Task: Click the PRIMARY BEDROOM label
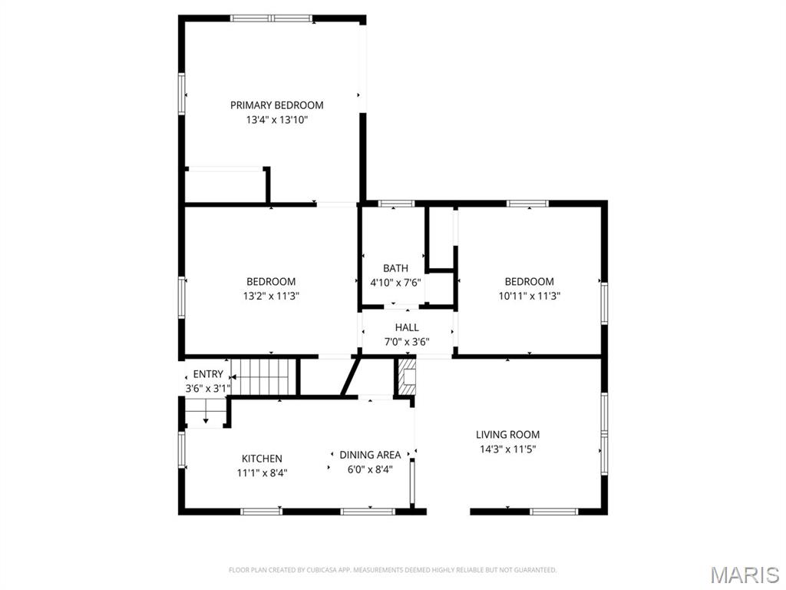pyautogui.click(x=276, y=105)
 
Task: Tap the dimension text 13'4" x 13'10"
pyautogui.click(x=276, y=120)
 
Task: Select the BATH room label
pyautogui.click(x=395, y=268)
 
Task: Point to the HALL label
pyautogui.click(x=407, y=327)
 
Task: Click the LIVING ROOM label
pyautogui.click(x=507, y=435)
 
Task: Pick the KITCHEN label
pyautogui.click(x=262, y=459)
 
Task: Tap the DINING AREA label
pyautogui.click(x=370, y=455)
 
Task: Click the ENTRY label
pyautogui.click(x=208, y=374)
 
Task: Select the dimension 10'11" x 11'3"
pyautogui.click(x=529, y=296)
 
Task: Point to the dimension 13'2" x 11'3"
pyautogui.click(x=271, y=296)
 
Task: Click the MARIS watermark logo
pyautogui.click(x=745, y=574)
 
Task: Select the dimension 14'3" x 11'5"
pyautogui.click(x=507, y=449)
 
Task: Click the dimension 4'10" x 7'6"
pyautogui.click(x=395, y=283)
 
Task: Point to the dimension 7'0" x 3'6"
pyautogui.click(x=407, y=342)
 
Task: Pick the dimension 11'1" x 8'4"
pyautogui.click(x=262, y=473)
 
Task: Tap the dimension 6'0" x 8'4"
pyautogui.click(x=370, y=469)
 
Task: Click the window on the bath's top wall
pyautogui.click(x=397, y=204)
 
